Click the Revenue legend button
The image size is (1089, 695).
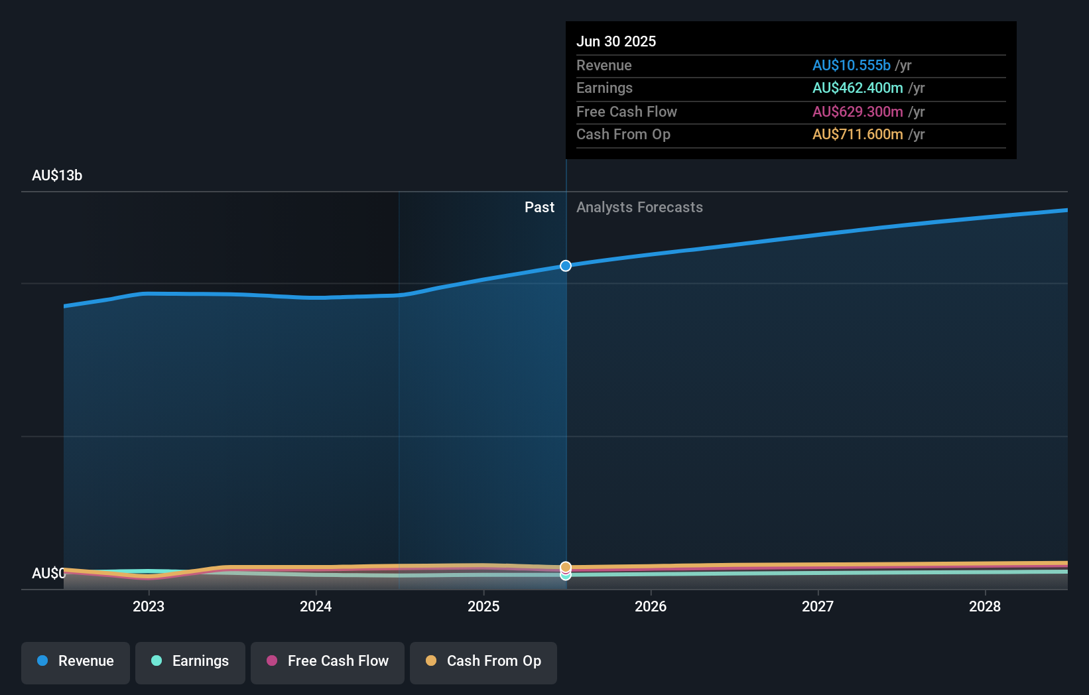(76, 662)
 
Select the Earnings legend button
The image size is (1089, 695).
(190, 662)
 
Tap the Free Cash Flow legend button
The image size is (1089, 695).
(328, 662)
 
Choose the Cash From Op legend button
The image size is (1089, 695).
(483, 662)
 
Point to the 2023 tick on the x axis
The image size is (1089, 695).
(149, 606)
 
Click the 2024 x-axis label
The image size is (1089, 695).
(316, 606)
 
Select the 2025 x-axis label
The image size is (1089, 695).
(483, 606)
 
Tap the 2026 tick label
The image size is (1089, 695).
(651, 606)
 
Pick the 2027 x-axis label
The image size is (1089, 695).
(818, 606)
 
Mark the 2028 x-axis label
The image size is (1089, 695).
(985, 606)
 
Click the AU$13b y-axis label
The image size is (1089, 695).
(57, 176)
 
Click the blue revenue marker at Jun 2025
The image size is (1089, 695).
(566, 266)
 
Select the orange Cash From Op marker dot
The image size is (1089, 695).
(566, 567)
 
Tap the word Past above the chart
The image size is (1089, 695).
(539, 208)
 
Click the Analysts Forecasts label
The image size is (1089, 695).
(639, 208)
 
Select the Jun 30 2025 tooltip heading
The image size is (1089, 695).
(616, 42)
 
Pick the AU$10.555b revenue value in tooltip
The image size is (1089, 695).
(852, 66)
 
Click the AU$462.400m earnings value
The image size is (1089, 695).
(858, 88)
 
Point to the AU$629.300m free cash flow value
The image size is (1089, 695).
(858, 112)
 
